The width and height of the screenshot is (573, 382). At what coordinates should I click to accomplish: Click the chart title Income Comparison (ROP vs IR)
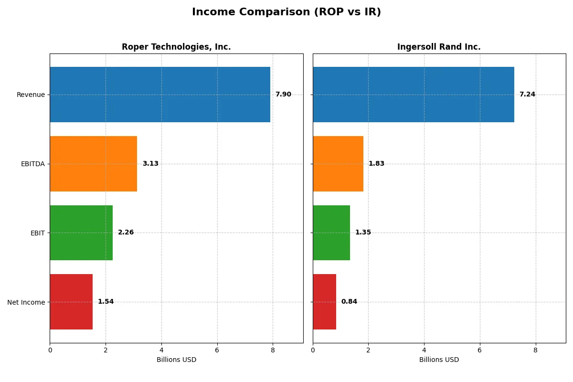(286, 12)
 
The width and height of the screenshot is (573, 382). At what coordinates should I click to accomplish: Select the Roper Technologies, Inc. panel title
(176, 47)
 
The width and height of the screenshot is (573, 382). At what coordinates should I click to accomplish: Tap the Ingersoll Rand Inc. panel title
(439, 47)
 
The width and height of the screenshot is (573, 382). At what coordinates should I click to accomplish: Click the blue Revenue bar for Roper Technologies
(160, 95)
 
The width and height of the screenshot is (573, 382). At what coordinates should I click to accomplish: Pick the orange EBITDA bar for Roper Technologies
(94, 164)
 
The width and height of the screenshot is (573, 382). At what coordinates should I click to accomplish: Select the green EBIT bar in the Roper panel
(81, 233)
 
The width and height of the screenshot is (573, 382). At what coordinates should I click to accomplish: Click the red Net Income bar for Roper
(71, 302)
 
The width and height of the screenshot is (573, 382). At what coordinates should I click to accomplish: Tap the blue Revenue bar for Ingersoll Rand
(414, 95)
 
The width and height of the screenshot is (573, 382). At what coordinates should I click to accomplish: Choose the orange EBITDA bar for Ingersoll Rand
(338, 164)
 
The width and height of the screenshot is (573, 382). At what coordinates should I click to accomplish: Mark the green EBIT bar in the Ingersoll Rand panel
(331, 233)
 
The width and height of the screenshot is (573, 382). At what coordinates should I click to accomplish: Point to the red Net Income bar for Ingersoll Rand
(324, 302)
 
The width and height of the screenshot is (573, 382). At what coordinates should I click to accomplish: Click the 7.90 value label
(283, 95)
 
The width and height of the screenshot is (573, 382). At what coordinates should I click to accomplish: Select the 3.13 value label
(150, 164)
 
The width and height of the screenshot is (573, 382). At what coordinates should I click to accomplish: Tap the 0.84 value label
(349, 302)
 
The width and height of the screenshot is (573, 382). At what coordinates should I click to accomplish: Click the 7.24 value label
(527, 95)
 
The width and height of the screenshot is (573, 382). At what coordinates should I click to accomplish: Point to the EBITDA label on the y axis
(33, 164)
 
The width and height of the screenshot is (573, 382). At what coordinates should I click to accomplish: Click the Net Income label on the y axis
(26, 302)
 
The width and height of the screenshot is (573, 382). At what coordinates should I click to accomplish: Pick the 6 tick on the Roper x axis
(217, 350)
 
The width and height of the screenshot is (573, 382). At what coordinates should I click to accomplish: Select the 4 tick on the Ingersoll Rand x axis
(424, 350)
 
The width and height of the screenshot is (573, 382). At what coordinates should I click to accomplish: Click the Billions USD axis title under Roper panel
(176, 360)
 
